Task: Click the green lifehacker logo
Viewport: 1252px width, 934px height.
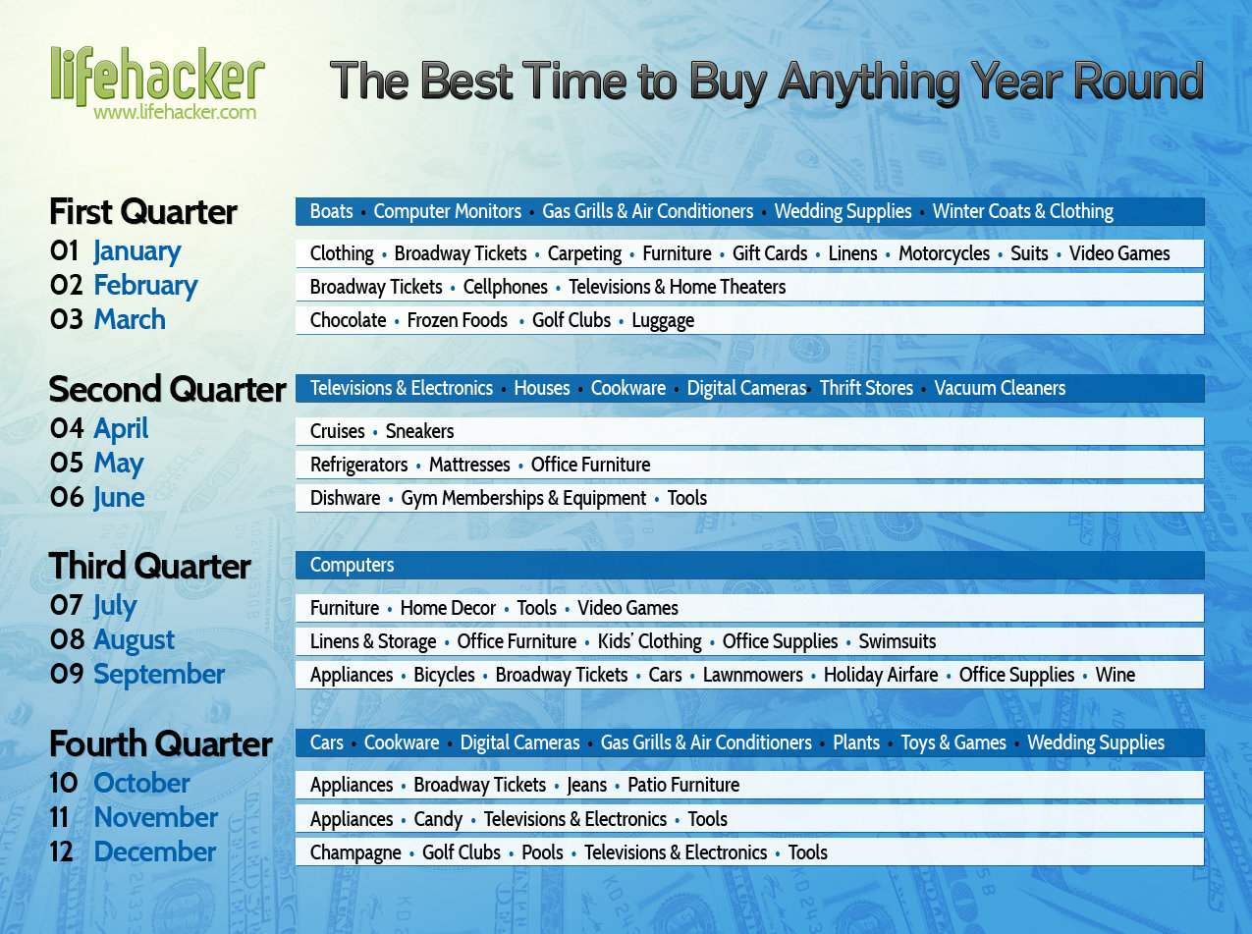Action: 158,76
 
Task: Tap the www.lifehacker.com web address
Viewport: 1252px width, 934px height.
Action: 175,112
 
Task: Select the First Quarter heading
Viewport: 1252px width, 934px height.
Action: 142,212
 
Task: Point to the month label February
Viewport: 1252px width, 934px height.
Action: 145,286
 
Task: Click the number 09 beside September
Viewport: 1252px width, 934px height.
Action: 67,674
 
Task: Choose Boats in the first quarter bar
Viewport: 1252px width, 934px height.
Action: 331,211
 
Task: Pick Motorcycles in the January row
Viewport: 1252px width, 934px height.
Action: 944,253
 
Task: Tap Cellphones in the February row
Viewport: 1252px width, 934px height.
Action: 506,287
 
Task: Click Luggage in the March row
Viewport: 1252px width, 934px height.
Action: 663,321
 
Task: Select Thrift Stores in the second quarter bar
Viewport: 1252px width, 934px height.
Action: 866,388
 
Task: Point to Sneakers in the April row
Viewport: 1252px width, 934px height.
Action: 420,432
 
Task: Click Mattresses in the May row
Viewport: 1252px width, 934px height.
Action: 469,465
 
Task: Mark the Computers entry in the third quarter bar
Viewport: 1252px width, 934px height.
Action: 352,565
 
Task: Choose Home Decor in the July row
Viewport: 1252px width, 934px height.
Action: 448,608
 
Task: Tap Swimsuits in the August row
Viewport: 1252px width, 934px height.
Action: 898,641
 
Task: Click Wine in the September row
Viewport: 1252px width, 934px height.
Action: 1116,675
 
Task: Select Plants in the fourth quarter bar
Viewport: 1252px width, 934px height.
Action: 856,743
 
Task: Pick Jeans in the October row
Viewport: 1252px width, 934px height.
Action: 587,786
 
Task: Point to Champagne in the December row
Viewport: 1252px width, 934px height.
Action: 355,853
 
